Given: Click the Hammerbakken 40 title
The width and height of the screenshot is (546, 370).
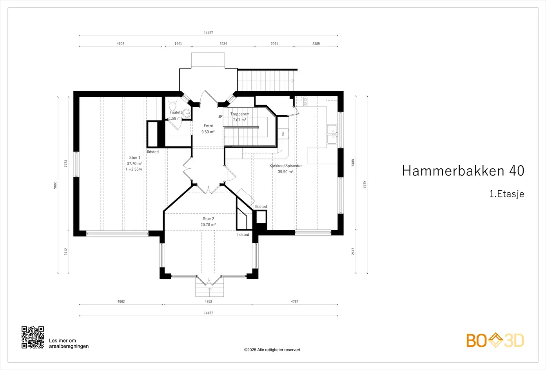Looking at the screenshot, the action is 463,171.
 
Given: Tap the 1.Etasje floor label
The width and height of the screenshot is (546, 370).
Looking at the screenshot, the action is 506,194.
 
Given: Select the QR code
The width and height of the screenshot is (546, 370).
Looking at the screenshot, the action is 33,338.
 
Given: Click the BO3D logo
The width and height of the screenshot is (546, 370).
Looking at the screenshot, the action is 495,340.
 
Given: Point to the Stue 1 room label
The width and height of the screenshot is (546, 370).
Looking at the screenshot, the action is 135,157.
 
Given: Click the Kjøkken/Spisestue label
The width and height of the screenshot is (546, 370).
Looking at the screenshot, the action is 286,166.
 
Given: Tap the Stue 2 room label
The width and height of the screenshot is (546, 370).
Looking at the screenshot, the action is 209,218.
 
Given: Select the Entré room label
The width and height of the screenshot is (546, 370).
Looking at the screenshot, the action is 208,126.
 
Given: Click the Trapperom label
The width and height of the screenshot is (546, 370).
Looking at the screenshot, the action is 240,114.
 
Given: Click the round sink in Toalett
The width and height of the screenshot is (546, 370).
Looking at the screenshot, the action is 187,113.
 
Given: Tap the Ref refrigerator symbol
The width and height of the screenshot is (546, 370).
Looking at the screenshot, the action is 283,134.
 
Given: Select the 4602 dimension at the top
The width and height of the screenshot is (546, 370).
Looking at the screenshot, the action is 120,44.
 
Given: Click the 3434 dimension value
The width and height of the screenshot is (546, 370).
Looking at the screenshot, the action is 223,44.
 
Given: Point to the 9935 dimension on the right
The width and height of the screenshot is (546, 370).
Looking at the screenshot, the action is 364,185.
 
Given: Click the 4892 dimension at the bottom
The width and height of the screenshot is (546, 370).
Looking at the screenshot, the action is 209,301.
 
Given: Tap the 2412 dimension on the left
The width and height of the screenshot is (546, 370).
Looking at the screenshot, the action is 65,252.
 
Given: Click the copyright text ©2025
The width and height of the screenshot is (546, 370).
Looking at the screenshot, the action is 272,350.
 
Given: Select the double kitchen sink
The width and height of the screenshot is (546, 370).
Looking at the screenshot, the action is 332,135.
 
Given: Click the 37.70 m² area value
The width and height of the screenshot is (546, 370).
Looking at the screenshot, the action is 134,164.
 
